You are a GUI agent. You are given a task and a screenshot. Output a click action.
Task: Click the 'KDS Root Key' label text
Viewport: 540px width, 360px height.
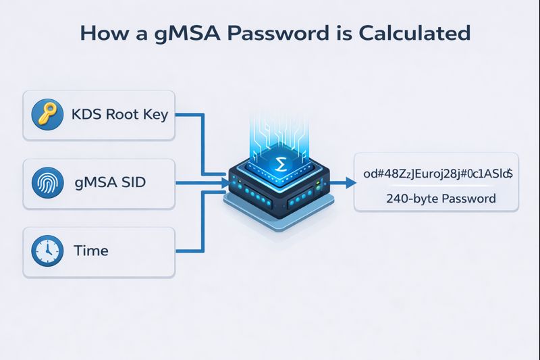(x=119, y=115)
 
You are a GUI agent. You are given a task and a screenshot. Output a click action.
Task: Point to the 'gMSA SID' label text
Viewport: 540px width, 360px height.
(x=109, y=183)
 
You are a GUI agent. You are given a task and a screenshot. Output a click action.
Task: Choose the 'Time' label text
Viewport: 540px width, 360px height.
(x=90, y=251)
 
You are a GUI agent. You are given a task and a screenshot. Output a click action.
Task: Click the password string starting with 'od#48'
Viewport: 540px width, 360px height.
(x=437, y=174)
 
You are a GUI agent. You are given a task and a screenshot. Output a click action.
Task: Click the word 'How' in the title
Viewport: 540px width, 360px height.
(x=102, y=33)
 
